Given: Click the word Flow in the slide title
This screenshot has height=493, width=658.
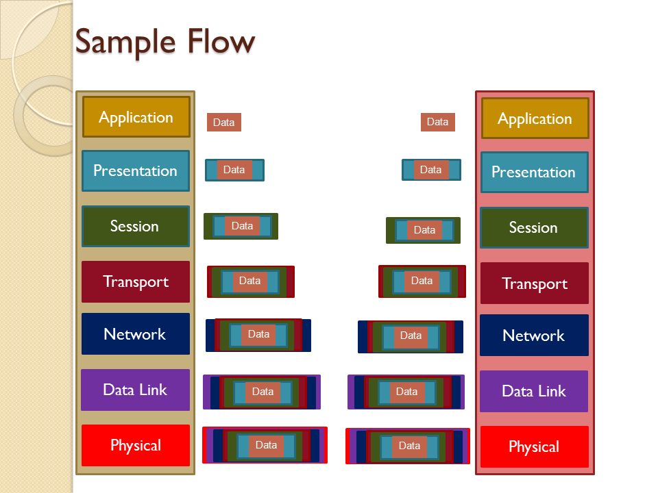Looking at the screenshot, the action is click(x=221, y=42).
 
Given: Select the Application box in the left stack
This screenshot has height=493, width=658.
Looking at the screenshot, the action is click(x=136, y=117).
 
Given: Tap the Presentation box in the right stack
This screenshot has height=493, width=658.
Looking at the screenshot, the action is click(x=535, y=173).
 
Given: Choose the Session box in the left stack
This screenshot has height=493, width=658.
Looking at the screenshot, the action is click(x=136, y=227).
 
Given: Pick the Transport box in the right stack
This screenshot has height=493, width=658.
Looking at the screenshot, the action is click(x=535, y=283).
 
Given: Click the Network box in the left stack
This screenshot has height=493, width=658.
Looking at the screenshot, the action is click(x=136, y=333).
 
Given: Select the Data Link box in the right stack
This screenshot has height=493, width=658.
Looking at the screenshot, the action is click(x=534, y=391).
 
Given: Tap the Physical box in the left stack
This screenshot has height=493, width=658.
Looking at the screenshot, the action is click(x=136, y=445).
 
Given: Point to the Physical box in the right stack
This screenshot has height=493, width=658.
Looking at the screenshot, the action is click(x=535, y=447).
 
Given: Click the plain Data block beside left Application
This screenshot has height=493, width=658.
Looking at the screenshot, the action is click(x=223, y=122).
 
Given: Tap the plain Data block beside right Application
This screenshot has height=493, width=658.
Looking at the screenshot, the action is click(x=438, y=122).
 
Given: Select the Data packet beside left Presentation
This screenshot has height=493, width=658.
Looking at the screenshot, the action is click(x=234, y=170).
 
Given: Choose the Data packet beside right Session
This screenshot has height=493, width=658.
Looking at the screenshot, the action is click(x=423, y=230).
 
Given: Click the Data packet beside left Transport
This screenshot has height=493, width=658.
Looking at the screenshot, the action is click(x=251, y=281).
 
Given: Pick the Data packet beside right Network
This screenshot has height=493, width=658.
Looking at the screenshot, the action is click(x=411, y=337).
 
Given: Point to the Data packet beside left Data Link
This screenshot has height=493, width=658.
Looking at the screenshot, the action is click(x=261, y=392).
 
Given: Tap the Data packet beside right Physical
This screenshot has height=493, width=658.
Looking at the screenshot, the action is click(x=407, y=446).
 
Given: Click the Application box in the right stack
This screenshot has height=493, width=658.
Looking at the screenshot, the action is click(x=535, y=118).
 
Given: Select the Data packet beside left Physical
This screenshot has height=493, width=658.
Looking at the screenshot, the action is click(x=265, y=445).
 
